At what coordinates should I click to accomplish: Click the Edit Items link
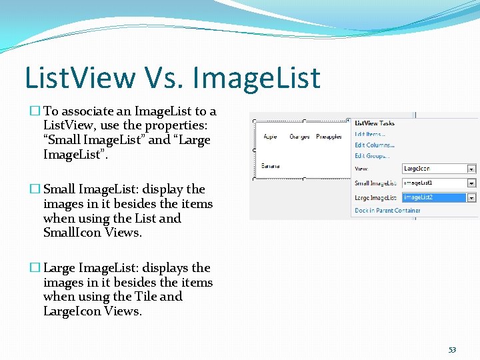(x=370, y=134)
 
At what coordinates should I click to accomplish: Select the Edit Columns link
(x=374, y=145)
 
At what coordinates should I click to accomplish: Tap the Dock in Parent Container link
(x=387, y=211)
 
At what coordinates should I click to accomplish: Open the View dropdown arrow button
(x=471, y=169)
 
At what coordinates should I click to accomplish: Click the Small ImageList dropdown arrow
(x=471, y=183)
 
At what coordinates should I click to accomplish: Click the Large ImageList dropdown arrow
(x=471, y=197)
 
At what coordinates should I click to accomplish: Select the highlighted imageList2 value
(x=433, y=197)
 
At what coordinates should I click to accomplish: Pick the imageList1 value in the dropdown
(x=433, y=183)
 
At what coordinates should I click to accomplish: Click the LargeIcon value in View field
(x=433, y=169)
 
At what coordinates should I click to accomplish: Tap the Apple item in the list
(x=271, y=137)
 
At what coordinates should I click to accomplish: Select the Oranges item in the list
(x=299, y=137)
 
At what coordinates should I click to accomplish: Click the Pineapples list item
(x=329, y=137)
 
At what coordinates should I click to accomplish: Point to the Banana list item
(x=271, y=165)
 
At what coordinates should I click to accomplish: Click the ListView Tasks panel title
(x=375, y=123)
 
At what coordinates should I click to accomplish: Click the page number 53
(x=452, y=349)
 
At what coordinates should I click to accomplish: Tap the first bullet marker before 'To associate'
(x=36, y=111)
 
